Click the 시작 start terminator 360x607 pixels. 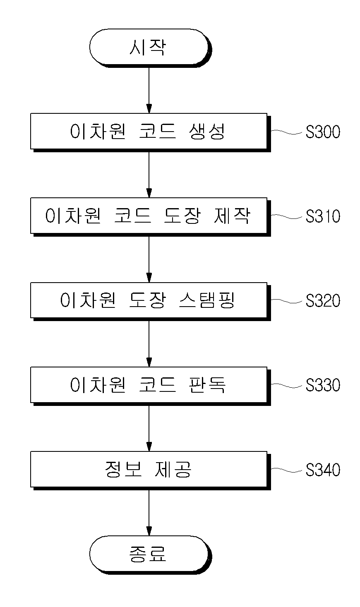click(151, 48)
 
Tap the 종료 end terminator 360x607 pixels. click(151, 555)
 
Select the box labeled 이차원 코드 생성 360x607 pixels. click(151, 132)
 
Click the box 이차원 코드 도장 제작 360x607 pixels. click(151, 217)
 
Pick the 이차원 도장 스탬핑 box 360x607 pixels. click(151, 302)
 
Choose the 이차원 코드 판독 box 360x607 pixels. click(151, 386)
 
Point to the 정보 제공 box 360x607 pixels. click(151, 471)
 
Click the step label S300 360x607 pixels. click(323, 132)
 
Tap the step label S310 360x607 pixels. click(323, 216)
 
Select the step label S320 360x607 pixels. click(323, 301)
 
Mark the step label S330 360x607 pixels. click(323, 385)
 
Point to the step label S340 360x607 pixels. click(323, 470)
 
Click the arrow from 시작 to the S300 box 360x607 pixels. click(149, 90)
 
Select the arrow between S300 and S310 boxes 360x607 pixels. click(149, 175)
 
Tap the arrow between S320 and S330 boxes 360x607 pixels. click(149, 344)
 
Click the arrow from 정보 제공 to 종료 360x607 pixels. click(149, 513)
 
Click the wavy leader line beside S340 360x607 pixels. click(287, 470)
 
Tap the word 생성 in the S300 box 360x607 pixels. click(207, 132)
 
